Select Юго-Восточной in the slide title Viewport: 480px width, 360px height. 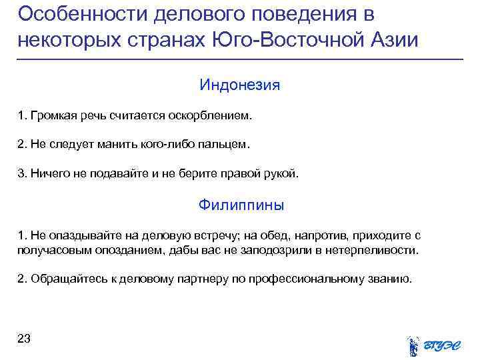click(275, 39)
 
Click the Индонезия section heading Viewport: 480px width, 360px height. click(240, 86)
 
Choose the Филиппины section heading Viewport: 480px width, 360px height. click(241, 205)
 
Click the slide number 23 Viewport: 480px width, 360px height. click(24, 339)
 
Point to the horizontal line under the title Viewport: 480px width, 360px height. click(240, 60)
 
